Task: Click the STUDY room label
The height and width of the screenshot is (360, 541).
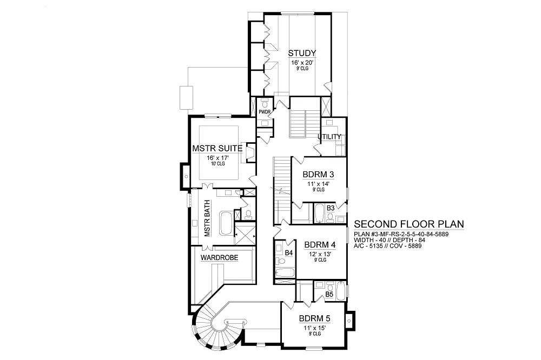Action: pyautogui.click(x=302, y=53)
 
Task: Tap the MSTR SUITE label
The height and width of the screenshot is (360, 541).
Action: pyautogui.click(x=217, y=149)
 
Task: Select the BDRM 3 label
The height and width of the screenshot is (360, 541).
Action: pyautogui.click(x=318, y=175)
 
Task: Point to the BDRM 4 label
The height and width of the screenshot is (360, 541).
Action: pyautogui.click(x=320, y=245)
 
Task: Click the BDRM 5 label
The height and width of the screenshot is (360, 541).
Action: pyautogui.click(x=315, y=318)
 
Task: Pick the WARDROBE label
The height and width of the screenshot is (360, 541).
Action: pyautogui.click(x=220, y=258)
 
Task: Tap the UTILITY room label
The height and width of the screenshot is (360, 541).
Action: pyautogui.click(x=329, y=137)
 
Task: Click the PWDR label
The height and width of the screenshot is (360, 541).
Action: pyautogui.click(x=265, y=112)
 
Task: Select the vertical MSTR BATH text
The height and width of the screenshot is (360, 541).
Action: pyautogui.click(x=207, y=218)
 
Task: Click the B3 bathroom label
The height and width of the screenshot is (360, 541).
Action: pyautogui.click(x=331, y=208)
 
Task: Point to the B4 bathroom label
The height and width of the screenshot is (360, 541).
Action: pyautogui.click(x=289, y=253)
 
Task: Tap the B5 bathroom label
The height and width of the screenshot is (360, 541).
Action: pyautogui.click(x=329, y=295)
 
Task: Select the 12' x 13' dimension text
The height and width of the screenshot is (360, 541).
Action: pyautogui.click(x=320, y=254)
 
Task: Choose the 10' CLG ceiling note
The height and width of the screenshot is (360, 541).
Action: pyautogui.click(x=217, y=164)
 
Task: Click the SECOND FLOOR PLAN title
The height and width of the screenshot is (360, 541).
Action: pyautogui.click(x=409, y=224)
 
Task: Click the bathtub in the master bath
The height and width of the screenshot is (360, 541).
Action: pyautogui.click(x=226, y=223)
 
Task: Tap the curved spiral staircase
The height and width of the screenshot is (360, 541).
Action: pyautogui.click(x=210, y=324)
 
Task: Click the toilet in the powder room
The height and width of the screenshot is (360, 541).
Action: pyautogui.click(x=265, y=103)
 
